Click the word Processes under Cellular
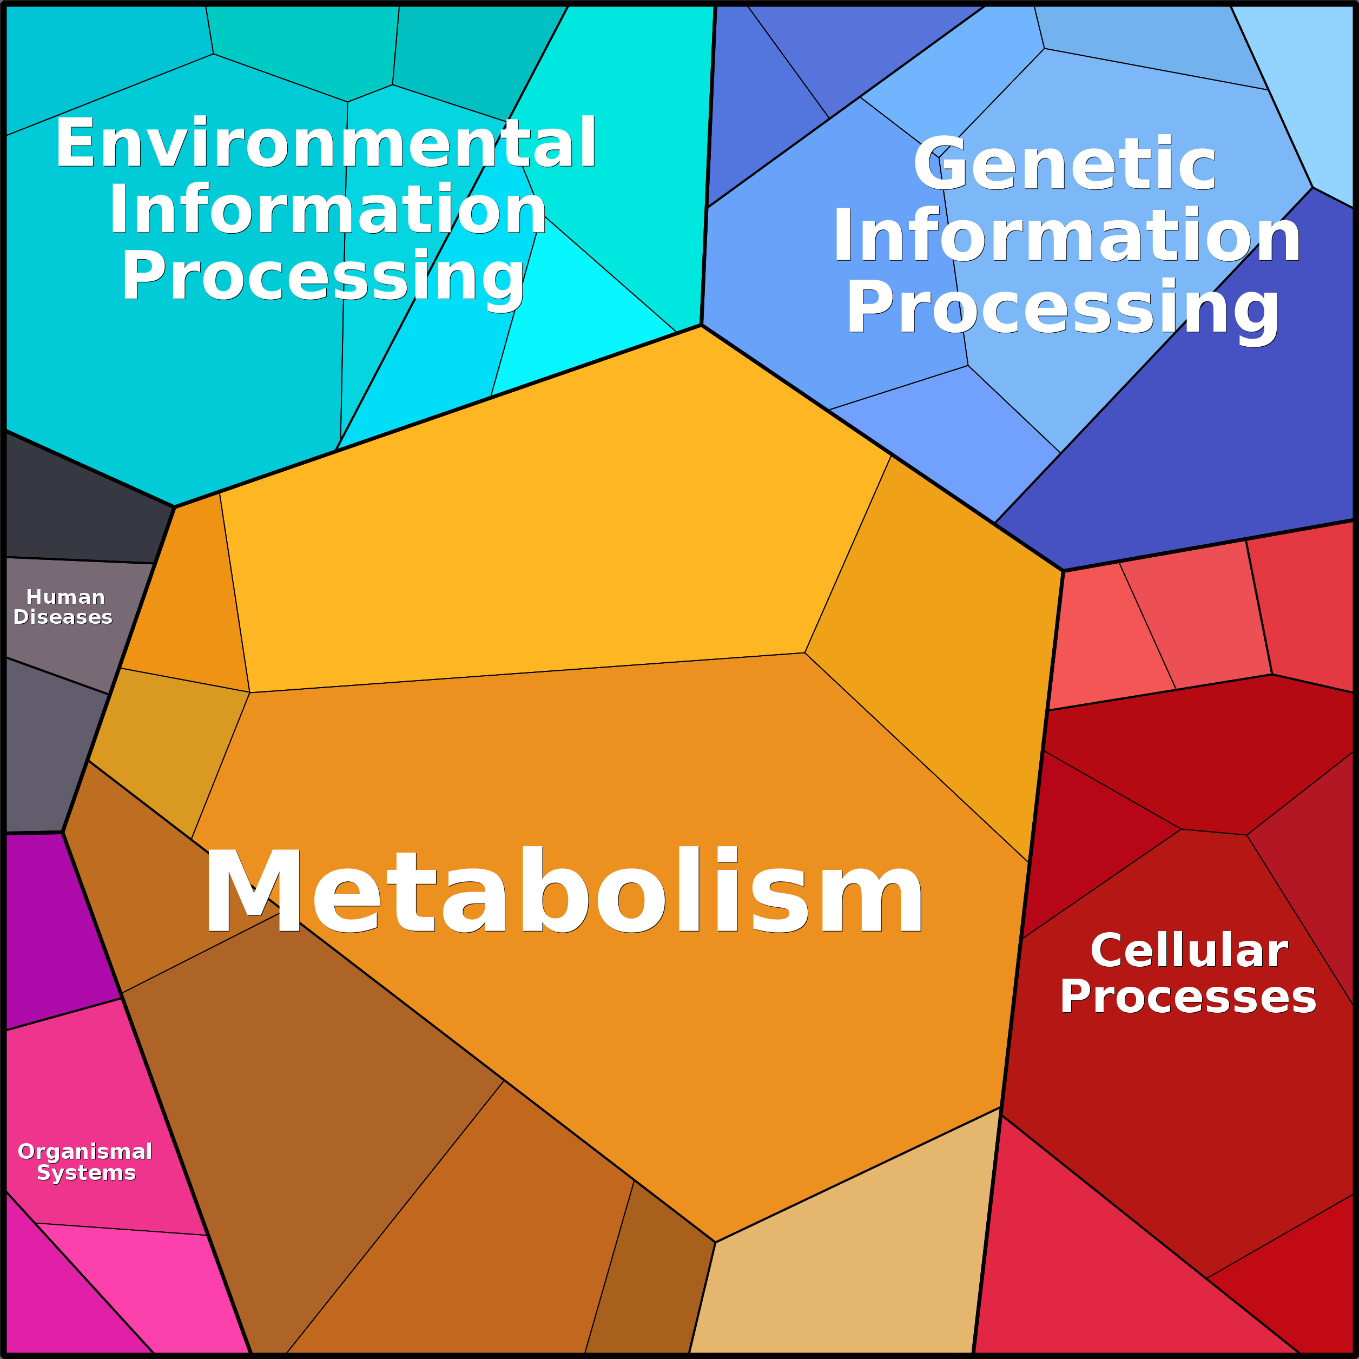[x=1188, y=998]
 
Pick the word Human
[x=65, y=597]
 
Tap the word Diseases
[x=63, y=618]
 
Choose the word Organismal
[x=85, y=1151]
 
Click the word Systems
[x=86, y=1172]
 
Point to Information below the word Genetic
[x=1066, y=236]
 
